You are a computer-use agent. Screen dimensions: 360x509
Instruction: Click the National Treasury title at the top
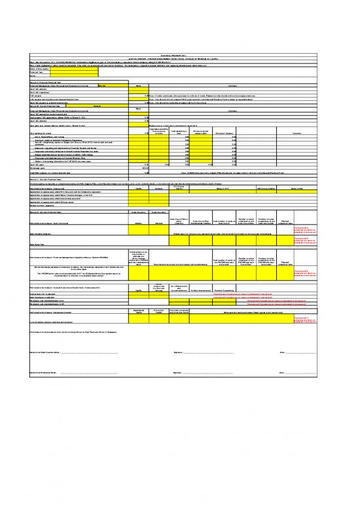pos(180,54)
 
